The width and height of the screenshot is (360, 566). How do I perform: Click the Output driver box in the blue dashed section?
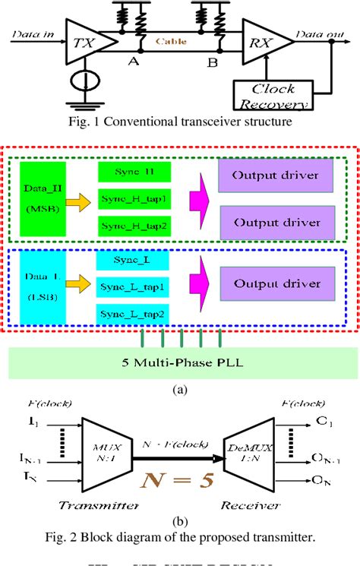[277, 283]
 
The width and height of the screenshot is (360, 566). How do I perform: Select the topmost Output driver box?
[277, 176]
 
